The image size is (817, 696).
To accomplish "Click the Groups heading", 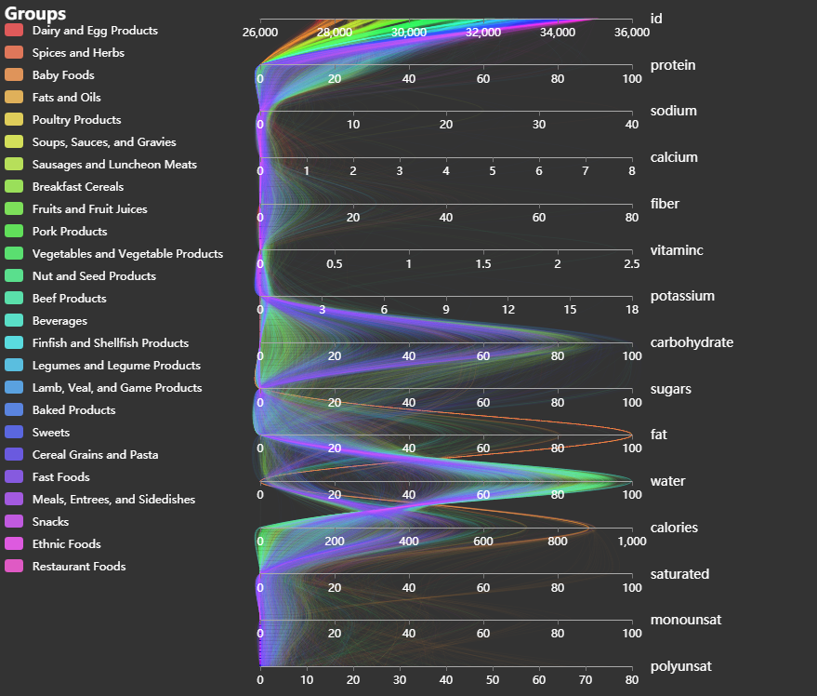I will pyautogui.click(x=35, y=14).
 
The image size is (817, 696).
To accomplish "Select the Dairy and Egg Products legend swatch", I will pyautogui.click(x=14, y=31).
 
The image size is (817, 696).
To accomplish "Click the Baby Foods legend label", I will pyautogui.click(x=63, y=75).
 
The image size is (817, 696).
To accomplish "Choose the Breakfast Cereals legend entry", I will pyautogui.click(x=77, y=187).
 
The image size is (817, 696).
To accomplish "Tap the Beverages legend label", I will pyautogui.click(x=59, y=321).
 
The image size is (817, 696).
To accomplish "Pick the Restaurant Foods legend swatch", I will pyautogui.click(x=14, y=567).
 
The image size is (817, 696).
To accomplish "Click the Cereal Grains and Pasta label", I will pyautogui.click(x=95, y=455).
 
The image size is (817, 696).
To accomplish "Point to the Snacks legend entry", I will pyautogui.click(x=50, y=522).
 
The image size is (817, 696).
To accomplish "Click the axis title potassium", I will pyautogui.click(x=682, y=296).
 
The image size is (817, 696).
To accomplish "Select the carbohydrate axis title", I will pyautogui.click(x=692, y=342).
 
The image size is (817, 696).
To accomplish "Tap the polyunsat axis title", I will pyautogui.click(x=681, y=666).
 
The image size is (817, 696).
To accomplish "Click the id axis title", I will pyautogui.click(x=656, y=19).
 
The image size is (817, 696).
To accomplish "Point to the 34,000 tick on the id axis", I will pyautogui.click(x=558, y=33).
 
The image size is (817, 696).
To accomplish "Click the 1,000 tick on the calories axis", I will pyautogui.click(x=632, y=542).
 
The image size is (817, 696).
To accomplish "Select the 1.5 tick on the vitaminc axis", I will pyautogui.click(x=483, y=264).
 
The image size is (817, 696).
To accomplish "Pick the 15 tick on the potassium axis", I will pyautogui.click(x=570, y=310).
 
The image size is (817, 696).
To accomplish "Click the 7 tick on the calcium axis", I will pyautogui.click(x=586, y=171).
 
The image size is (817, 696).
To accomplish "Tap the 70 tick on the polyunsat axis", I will pyautogui.click(x=586, y=680).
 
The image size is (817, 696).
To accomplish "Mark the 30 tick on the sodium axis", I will pyautogui.click(x=539, y=125).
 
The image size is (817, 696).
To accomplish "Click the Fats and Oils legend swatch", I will pyautogui.click(x=14, y=98).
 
